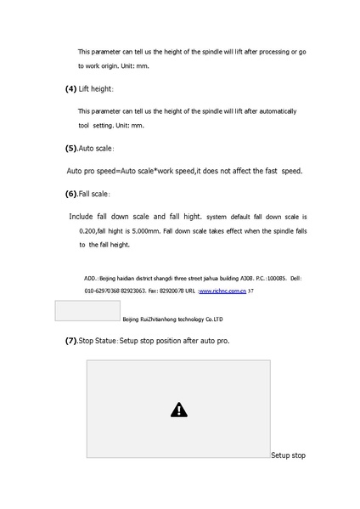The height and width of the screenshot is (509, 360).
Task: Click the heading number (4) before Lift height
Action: coord(70,89)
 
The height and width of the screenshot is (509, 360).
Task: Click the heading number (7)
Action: coord(71,341)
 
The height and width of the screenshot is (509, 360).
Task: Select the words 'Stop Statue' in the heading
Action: coord(98,341)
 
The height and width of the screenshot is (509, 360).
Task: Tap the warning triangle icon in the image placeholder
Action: coord(178,410)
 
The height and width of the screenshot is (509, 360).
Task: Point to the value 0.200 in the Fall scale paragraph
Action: coord(87,231)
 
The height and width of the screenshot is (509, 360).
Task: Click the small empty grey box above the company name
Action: coord(87,310)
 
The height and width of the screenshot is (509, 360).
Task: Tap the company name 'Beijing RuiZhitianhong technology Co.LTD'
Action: coord(172,320)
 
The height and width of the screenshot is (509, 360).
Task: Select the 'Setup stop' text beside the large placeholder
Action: coord(288,456)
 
